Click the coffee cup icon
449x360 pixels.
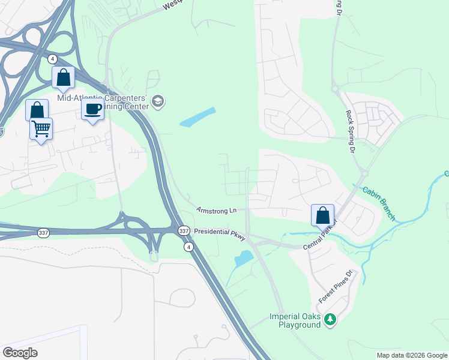pyautogui.click(x=92, y=109)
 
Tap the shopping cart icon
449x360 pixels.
pyautogui.click(x=41, y=128)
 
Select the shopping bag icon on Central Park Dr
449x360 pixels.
pyautogui.click(x=322, y=214)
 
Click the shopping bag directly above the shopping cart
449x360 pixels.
pyautogui.click(x=37, y=110)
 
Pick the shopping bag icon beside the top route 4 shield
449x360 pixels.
pyautogui.click(x=63, y=77)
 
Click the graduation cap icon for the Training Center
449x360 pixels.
pyautogui.click(x=158, y=101)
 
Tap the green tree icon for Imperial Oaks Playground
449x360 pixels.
pyautogui.click(x=329, y=319)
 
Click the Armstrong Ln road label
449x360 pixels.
pyautogui.click(x=217, y=211)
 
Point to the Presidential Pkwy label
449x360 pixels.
pyautogui.click(x=220, y=233)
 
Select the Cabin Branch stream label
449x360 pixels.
pyautogui.click(x=378, y=203)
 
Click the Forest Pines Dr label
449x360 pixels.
pyautogui.click(x=338, y=287)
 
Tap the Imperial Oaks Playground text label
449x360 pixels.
pyautogui.click(x=295, y=321)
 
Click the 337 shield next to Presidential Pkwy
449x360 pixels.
pyautogui.click(x=184, y=230)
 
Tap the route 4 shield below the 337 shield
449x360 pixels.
pyautogui.click(x=188, y=247)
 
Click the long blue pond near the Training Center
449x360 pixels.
pyautogui.click(x=197, y=117)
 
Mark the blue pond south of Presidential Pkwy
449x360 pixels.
pyautogui.click(x=244, y=259)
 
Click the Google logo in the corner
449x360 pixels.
pyautogui.click(x=20, y=353)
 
